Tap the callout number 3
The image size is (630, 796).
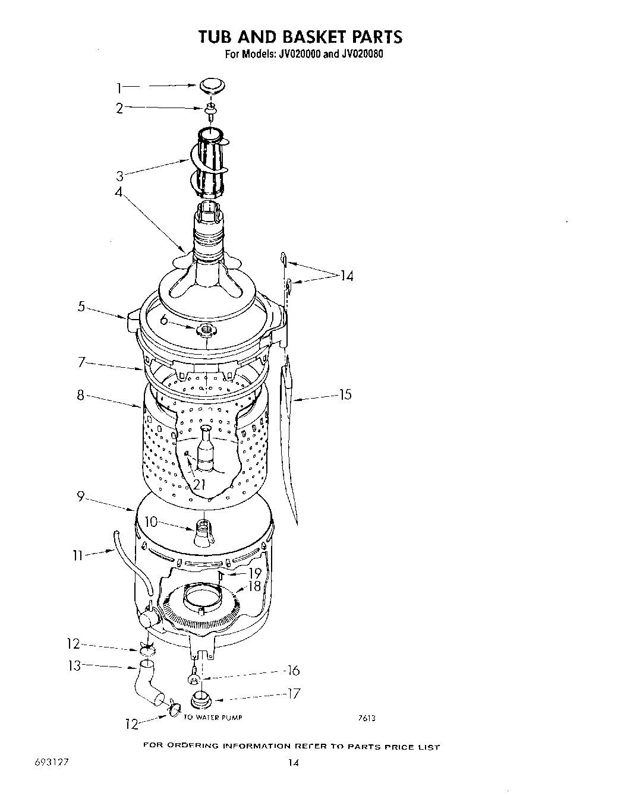[x=119, y=176]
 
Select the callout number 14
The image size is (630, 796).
[x=346, y=276]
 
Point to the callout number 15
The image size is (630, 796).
[x=345, y=394]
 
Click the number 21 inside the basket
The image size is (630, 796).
[x=199, y=484]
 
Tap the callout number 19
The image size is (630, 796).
[x=254, y=574]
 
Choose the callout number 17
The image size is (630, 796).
[x=294, y=693]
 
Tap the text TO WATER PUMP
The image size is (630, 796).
[x=213, y=718]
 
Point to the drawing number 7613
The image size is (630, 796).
[x=367, y=718]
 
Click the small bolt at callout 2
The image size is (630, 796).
[x=210, y=109]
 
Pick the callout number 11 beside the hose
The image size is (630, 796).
[x=78, y=557]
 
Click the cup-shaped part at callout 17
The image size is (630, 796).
[x=201, y=700]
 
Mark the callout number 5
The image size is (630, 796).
[x=81, y=307]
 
